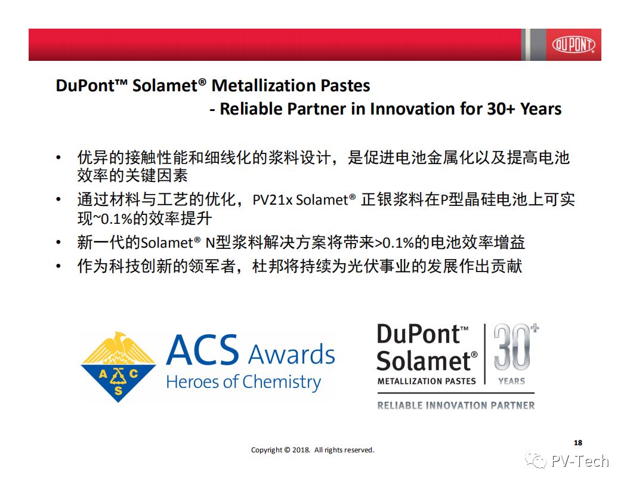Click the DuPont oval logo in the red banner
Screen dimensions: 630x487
click(573, 45)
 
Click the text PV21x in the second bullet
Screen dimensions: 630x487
click(273, 200)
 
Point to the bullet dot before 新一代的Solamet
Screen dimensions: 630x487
click(58, 242)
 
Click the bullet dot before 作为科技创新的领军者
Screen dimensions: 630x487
click(58, 266)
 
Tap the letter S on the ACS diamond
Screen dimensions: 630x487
click(118, 390)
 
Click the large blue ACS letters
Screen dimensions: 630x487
click(202, 350)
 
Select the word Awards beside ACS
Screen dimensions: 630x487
click(291, 355)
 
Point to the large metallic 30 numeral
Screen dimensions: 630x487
click(512, 347)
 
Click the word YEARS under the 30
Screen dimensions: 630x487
click(511, 381)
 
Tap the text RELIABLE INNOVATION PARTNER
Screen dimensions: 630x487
click(456, 405)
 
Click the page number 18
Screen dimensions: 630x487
click(577, 442)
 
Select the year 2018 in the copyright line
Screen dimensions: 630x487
click(301, 450)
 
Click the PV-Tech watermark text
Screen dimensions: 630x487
click(580, 461)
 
